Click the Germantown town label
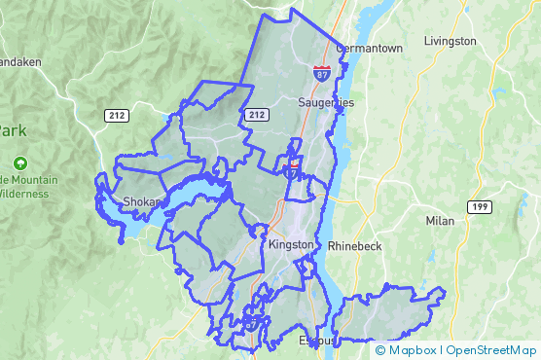[369, 48]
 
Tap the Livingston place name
[451, 41]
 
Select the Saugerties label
[325, 102]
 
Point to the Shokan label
[141, 202]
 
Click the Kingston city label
[291, 244]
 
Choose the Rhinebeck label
[355, 246]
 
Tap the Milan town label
[440, 221]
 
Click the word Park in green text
[13, 129]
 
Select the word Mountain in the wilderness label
[34, 180]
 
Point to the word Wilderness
[23, 194]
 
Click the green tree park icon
[21, 163]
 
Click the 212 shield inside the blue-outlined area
[257, 115]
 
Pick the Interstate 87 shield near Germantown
[321, 73]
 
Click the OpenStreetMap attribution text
[491, 350]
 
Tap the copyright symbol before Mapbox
[380, 350]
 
